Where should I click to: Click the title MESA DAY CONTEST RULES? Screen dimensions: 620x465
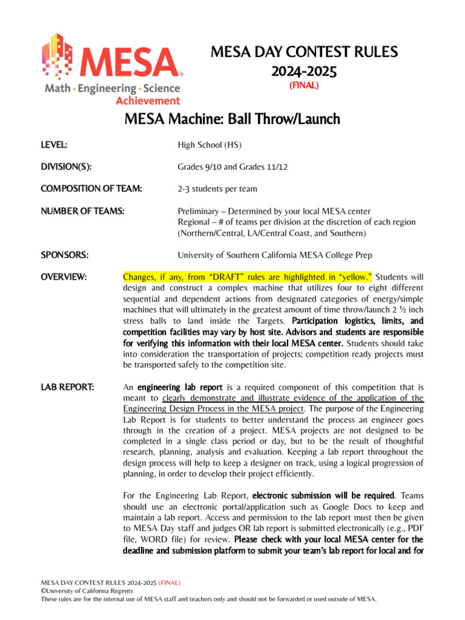pos(304,52)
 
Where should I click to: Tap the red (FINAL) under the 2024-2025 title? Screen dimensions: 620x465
pos(304,86)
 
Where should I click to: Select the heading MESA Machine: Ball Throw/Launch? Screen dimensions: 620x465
pos(232,119)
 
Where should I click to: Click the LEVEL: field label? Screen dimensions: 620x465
pos(54,145)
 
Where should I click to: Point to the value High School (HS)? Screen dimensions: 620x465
pos(209,145)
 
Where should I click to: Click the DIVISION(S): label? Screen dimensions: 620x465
pos(66,167)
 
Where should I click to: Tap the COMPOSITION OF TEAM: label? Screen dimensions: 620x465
pos(91,189)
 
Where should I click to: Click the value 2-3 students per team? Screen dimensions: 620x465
pos(217,189)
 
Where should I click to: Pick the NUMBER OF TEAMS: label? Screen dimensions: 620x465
pos(83,211)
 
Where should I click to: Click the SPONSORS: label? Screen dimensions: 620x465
pos(65,255)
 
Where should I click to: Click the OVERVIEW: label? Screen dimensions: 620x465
pos(64,277)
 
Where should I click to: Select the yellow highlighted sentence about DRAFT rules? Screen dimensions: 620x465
pos(248,277)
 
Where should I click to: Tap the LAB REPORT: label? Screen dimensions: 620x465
pos(67,386)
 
